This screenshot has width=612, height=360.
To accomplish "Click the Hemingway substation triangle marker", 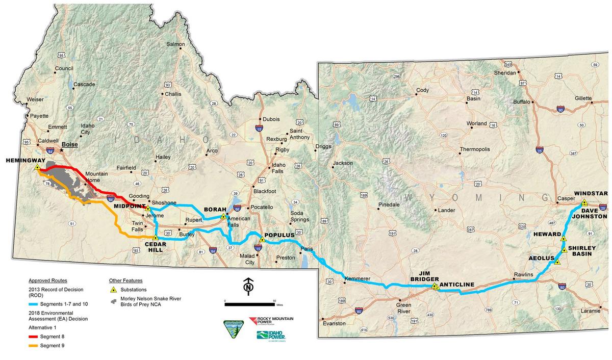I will tap(37, 167).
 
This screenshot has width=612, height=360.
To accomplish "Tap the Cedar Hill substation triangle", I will tap(155, 237).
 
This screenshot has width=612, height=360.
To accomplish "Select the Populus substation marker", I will tap(262, 239).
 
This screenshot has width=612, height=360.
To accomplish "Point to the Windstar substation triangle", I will tap(584, 202).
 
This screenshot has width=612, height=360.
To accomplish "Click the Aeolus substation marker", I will tap(557, 262).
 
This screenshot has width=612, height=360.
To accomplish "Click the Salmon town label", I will tap(175, 44).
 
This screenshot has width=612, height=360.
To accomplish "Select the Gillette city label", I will tap(583, 98).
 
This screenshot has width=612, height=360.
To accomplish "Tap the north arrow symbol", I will tap(248, 287).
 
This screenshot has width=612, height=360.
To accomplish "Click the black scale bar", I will tap(250, 304).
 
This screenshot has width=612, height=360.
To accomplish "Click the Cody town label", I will tap(422, 90).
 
